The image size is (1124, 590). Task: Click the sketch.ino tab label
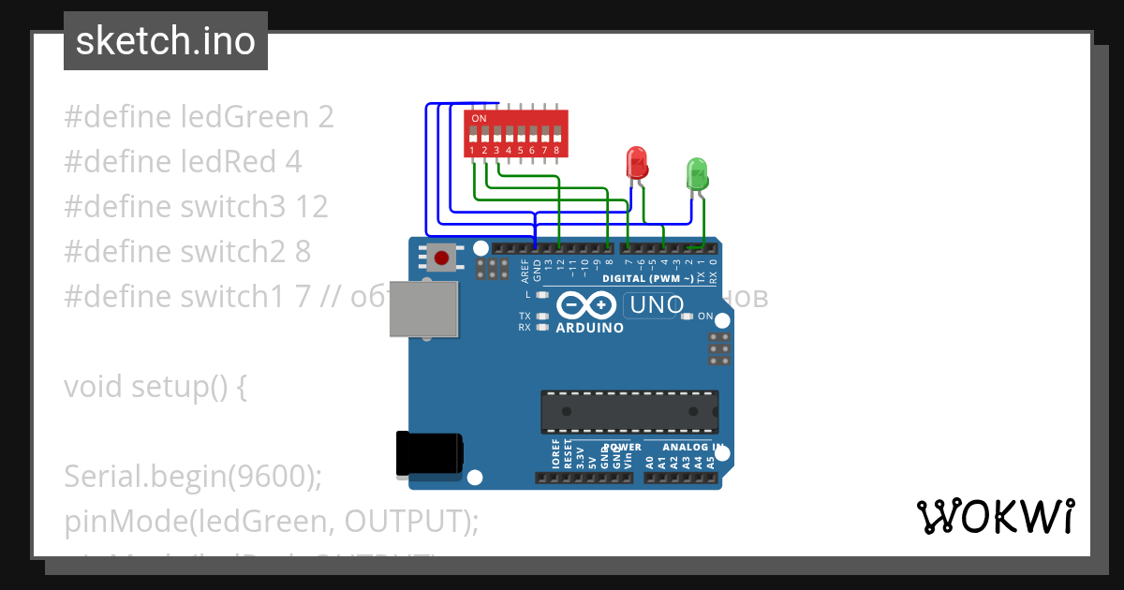tap(166, 41)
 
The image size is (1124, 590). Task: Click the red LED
tap(637, 161)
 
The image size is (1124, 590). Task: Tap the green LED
tap(698, 174)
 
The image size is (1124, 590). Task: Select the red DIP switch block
tap(516, 133)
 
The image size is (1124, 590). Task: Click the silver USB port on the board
tap(424, 308)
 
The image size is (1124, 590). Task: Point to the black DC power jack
tap(429, 454)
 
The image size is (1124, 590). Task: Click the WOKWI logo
tap(995, 516)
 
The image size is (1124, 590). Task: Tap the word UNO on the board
tap(657, 305)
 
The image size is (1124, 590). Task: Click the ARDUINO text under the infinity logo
tap(589, 328)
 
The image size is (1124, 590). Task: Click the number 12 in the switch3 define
tap(312, 207)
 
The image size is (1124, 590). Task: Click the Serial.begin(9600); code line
tap(193, 477)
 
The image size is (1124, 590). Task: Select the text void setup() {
tap(155, 387)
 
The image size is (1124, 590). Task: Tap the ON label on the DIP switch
tap(479, 119)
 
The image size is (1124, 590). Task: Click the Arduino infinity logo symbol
tap(586, 305)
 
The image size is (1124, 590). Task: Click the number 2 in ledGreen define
tap(326, 117)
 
